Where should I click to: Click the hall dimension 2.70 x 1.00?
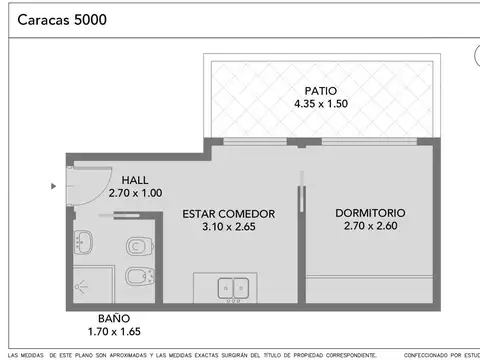[135, 193]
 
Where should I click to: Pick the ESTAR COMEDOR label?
[229, 214]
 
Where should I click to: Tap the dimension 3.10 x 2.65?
[229, 227]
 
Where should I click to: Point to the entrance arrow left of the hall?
[54, 185]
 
